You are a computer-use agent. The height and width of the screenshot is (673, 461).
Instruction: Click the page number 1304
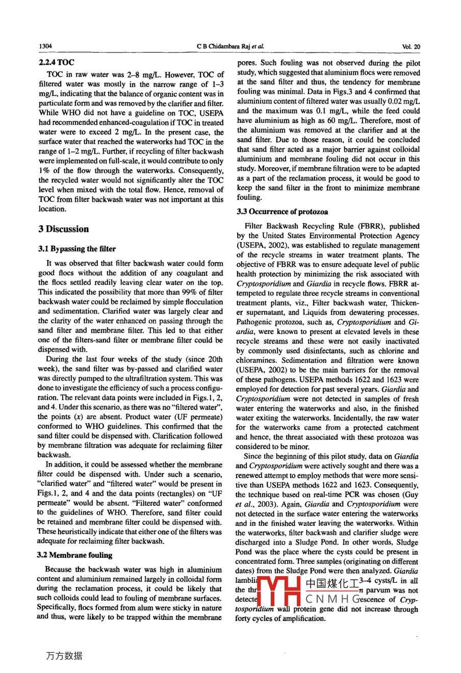click(45, 46)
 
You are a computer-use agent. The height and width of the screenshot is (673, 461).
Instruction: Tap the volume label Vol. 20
click(411, 46)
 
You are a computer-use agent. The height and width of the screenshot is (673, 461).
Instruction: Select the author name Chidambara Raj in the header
click(229, 46)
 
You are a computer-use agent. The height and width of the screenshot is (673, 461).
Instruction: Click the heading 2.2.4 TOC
click(56, 62)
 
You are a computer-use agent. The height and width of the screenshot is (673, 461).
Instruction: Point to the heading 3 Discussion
click(63, 229)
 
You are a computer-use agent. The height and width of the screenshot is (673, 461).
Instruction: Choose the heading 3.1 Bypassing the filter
click(77, 249)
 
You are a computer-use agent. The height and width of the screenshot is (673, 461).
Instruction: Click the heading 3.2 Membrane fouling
click(75, 555)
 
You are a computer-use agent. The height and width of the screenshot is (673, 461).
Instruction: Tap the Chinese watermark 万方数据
click(64, 656)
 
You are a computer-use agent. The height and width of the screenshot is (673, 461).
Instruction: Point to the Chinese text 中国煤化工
click(331, 581)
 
